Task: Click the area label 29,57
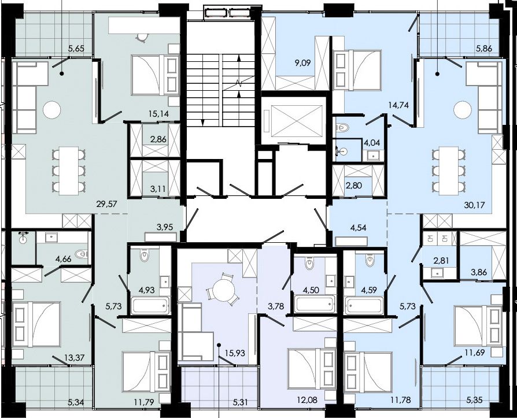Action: pos(107,205)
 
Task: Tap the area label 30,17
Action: pos(474,205)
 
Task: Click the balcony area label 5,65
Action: pos(76,49)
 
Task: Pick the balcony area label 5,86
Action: pos(484,49)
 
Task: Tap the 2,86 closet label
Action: pos(158,139)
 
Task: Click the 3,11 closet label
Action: pos(158,189)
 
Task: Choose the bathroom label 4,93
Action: pos(147,290)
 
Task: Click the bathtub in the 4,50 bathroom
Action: pos(314,304)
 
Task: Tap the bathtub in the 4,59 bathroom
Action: pos(364,305)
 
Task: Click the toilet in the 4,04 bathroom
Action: pos(342,127)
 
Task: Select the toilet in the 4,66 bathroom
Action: pos(82,254)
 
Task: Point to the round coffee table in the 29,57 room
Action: pos(52,110)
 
